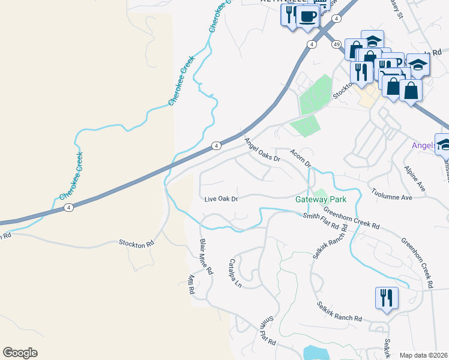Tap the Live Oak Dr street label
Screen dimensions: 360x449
221,199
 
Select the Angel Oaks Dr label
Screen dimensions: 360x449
262,150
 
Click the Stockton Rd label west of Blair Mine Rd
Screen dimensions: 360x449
136,244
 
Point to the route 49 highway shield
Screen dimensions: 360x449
336,44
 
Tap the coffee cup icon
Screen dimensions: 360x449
307,16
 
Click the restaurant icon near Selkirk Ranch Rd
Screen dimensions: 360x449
386,297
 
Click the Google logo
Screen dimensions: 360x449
20,353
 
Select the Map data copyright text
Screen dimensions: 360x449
424,355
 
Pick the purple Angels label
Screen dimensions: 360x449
423,146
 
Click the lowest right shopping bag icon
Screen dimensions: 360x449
412,91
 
